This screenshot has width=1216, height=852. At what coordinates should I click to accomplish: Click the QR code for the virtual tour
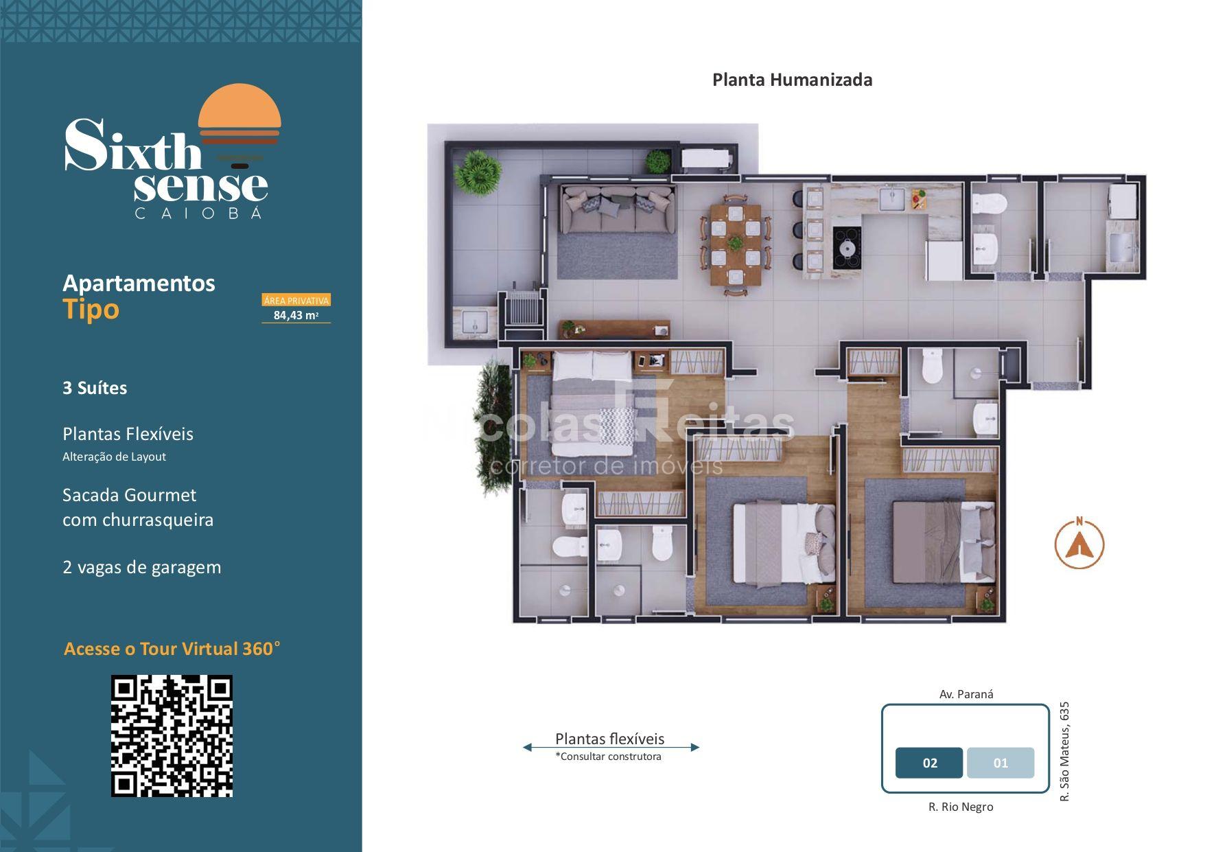tap(172, 736)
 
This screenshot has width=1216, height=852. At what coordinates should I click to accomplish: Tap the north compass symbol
tap(1079, 544)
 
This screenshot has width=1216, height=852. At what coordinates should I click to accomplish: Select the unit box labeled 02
tap(929, 763)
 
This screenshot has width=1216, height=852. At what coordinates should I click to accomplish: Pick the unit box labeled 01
tap(1001, 763)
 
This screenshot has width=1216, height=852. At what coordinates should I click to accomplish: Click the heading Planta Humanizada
tap(792, 80)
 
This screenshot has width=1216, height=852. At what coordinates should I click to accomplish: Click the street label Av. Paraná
tap(966, 694)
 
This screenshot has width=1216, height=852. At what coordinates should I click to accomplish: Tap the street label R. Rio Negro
tap(961, 807)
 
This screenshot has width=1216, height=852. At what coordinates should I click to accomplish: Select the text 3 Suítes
tap(95, 388)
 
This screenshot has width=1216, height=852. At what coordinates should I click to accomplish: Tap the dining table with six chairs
tap(736, 244)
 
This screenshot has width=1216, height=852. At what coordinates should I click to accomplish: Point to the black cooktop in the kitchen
tap(847, 248)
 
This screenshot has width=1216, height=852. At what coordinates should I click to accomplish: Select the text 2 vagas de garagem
tap(142, 567)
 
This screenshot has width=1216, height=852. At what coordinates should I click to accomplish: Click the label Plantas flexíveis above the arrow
tap(610, 739)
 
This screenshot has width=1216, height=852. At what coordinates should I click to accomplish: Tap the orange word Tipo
tap(91, 310)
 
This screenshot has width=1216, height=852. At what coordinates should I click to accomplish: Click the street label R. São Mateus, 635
tap(1064, 751)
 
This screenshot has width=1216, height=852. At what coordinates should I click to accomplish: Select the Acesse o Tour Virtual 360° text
tap(172, 649)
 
